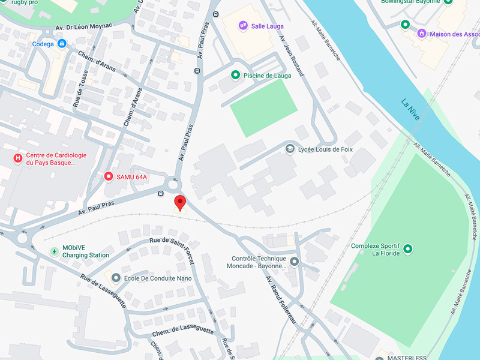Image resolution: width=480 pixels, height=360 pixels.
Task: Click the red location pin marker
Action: [179, 202]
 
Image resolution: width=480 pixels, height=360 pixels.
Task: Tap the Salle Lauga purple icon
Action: [242, 25]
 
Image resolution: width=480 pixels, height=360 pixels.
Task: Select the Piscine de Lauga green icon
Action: [235, 75]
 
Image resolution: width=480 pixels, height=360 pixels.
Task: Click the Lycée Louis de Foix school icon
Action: [290, 149]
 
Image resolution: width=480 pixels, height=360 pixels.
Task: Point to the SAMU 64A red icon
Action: [109, 176]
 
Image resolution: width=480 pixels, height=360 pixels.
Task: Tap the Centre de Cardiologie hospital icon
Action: [18, 159]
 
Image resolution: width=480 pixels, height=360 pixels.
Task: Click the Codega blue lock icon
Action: [62, 44]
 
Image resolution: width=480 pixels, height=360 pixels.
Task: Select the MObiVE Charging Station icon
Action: [54, 251]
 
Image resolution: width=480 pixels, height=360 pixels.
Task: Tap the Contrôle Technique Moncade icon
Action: [294, 262]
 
